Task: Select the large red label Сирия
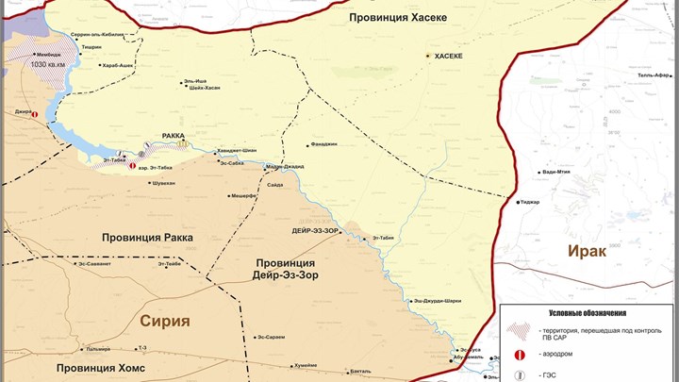point(165,321)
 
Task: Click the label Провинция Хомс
point(100,368)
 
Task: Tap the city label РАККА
point(174,136)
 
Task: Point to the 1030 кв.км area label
point(48,65)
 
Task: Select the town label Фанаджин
point(323,144)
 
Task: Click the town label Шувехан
point(157,183)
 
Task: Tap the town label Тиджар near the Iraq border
point(530,201)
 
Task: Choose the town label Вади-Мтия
point(556,172)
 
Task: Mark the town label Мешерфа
point(243,196)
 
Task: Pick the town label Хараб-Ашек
point(119,66)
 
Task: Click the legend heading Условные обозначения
point(588,313)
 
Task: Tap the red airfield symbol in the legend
point(520,355)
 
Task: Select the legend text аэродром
point(558,356)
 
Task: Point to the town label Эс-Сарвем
point(271,337)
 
